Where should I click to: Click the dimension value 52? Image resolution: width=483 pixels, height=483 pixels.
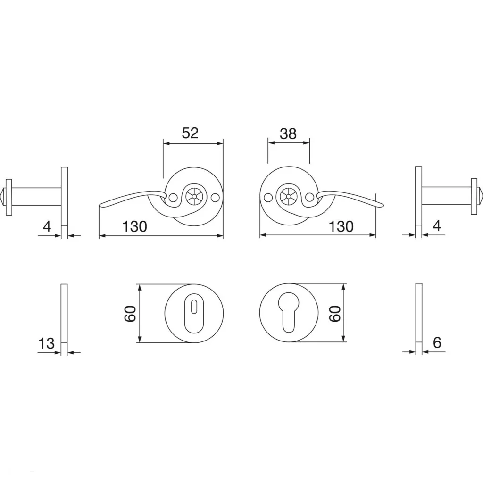(x=190, y=133)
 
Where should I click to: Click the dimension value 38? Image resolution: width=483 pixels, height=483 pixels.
(x=288, y=133)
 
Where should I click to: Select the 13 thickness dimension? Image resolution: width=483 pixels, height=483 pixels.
(x=46, y=343)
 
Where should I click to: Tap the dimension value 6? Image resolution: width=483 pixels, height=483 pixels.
(x=437, y=342)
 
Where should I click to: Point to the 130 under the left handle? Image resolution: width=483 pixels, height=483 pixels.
(x=134, y=227)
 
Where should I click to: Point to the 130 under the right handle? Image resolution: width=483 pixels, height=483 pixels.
(x=341, y=227)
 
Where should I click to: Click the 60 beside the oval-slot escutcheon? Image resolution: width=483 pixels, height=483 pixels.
(x=130, y=314)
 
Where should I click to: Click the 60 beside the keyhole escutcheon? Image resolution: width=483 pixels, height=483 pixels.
(x=335, y=314)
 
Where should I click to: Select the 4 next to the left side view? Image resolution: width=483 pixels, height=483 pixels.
(x=47, y=227)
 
